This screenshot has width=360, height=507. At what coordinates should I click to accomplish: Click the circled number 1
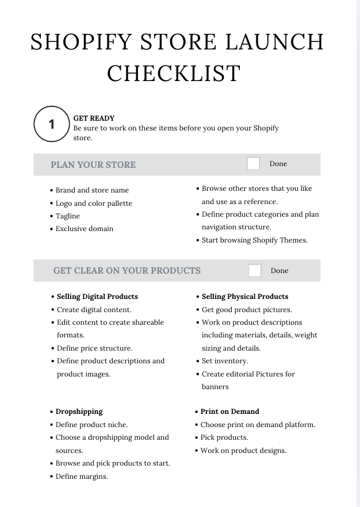click(x=51, y=124)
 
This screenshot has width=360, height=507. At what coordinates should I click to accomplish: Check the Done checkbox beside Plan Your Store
click(x=253, y=164)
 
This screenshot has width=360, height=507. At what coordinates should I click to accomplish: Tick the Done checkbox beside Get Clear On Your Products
click(x=254, y=271)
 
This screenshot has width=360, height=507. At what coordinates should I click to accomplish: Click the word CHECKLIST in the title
click(x=174, y=73)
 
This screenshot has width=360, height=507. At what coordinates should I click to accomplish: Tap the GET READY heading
click(x=94, y=118)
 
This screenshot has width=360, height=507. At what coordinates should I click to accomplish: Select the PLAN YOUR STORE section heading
click(x=93, y=164)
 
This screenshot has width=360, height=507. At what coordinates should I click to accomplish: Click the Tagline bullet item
click(x=68, y=216)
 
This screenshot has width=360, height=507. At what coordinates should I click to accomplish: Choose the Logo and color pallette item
click(x=94, y=203)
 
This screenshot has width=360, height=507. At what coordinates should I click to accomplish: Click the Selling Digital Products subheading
click(x=97, y=297)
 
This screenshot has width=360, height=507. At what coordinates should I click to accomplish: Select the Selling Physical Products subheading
click(x=244, y=297)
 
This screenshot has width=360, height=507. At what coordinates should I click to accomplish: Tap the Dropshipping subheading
click(x=79, y=412)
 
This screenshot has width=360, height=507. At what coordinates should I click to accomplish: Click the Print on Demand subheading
click(x=229, y=412)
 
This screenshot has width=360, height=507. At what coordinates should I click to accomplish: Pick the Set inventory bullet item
click(x=224, y=361)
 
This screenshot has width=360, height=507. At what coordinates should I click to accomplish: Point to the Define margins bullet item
click(x=82, y=477)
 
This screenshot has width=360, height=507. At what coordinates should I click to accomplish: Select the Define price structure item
click(x=94, y=348)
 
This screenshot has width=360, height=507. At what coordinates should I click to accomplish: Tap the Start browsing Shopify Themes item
click(x=254, y=240)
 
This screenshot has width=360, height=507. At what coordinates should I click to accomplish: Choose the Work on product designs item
click(x=243, y=451)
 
